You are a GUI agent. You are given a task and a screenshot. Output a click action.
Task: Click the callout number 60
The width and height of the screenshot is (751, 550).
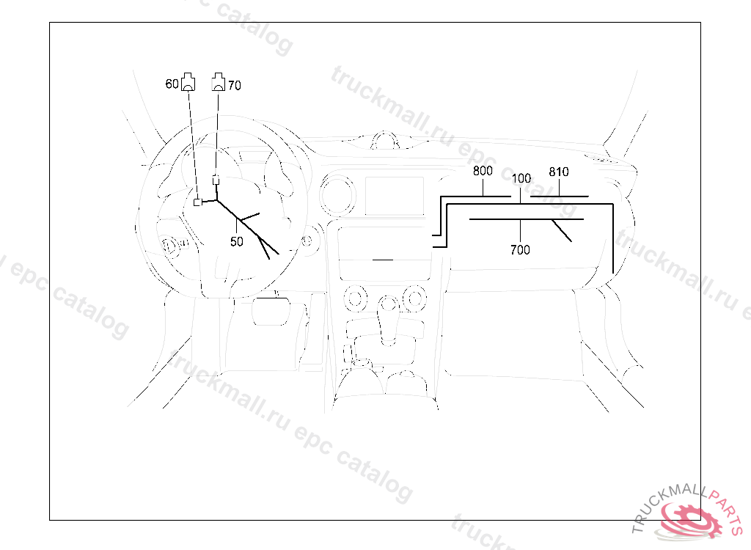172,85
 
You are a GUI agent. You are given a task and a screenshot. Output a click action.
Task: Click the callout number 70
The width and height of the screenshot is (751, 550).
234,86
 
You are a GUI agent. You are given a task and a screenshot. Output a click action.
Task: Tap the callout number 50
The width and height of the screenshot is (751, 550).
236,241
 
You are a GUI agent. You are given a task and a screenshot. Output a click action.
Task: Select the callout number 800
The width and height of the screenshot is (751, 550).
482,172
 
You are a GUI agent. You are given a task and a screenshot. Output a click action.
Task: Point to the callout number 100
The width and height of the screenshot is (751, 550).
521,178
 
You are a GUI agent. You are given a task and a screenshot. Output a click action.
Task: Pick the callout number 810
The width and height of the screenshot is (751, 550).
559,172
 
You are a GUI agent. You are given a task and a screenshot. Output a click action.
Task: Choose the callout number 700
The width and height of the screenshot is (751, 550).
520,250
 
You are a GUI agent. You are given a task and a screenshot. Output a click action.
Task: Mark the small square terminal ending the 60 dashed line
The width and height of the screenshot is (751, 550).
197,202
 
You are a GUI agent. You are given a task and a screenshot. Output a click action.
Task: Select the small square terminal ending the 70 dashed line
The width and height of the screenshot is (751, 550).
216,180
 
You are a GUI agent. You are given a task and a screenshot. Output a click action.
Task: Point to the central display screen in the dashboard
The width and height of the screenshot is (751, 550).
395,196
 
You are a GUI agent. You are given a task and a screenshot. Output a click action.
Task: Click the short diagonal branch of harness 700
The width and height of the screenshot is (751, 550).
562,230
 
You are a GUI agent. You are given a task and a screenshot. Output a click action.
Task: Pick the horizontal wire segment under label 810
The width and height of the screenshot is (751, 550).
559,197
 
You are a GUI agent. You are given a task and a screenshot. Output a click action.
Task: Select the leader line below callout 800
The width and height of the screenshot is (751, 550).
484,187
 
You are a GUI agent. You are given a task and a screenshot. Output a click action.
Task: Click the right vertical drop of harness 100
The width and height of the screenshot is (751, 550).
612,238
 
